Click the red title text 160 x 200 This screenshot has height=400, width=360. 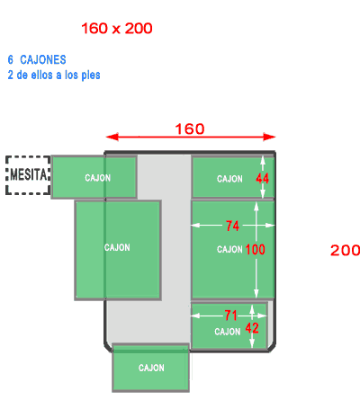click(117, 29)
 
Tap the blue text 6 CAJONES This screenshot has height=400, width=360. click(37, 59)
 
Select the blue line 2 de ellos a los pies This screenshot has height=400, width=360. click(54, 75)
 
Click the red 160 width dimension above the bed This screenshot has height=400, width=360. click(190, 129)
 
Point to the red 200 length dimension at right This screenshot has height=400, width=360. click(345, 250)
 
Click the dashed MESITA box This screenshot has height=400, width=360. click(28, 175)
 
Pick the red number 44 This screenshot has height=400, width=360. click(262, 179)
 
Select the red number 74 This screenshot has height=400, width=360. click(232, 226)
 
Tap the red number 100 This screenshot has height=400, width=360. click(255, 250)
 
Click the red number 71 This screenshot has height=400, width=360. click(230, 316)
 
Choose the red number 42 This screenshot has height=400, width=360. click(252, 328)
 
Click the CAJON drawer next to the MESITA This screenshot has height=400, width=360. click(94, 177)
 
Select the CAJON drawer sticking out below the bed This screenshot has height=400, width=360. click(151, 368)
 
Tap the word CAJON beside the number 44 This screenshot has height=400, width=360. click(229, 179)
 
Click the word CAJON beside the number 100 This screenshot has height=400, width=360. click(229, 249)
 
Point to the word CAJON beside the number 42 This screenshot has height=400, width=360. click(228, 332)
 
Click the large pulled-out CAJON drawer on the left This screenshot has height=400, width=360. click(118, 250)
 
